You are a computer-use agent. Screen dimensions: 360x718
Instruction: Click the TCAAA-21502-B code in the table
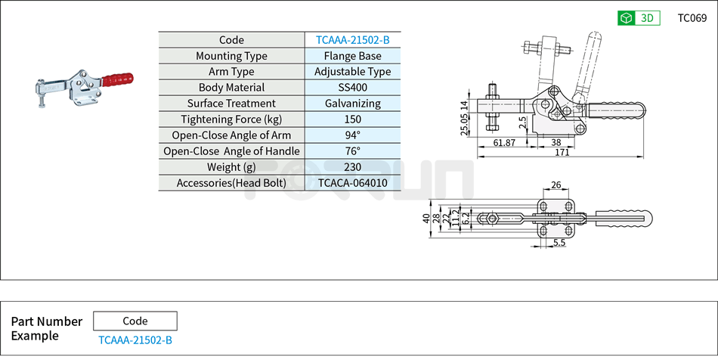click(x=352, y=40)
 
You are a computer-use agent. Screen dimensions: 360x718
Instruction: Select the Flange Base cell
click(x=352, y=56)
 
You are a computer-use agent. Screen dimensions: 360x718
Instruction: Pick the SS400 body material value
click(x=352, y=88)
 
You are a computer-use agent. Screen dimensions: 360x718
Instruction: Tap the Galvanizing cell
click(x=352, y=104)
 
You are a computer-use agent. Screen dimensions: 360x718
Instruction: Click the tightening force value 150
click(x=352, y=119)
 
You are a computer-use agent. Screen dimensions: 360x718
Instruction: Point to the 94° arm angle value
click(x=352, y=135)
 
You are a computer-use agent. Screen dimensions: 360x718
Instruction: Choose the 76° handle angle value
click(x=352, y=151)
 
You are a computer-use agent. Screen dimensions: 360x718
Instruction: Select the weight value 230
click(x=352, y=167)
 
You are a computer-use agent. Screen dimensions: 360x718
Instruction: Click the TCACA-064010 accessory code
click(x=352, y=183)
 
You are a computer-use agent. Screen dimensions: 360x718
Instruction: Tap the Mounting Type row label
click(x=231, y=56)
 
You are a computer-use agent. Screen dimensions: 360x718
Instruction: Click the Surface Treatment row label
click(x=231, y=104)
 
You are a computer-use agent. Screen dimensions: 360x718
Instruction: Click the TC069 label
click(x=692, y=18)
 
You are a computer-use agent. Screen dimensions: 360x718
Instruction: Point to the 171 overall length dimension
click(x=561, y=154)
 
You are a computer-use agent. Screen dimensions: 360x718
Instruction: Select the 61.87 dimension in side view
click(x=504, y=142)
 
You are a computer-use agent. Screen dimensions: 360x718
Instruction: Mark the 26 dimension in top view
click(x=556, y=185)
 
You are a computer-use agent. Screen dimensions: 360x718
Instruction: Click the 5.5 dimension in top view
click(x=560, y=243)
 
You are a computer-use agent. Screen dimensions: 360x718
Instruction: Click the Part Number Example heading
click(x=46, y=328)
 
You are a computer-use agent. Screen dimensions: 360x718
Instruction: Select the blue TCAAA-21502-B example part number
click(x=135, y=340)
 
